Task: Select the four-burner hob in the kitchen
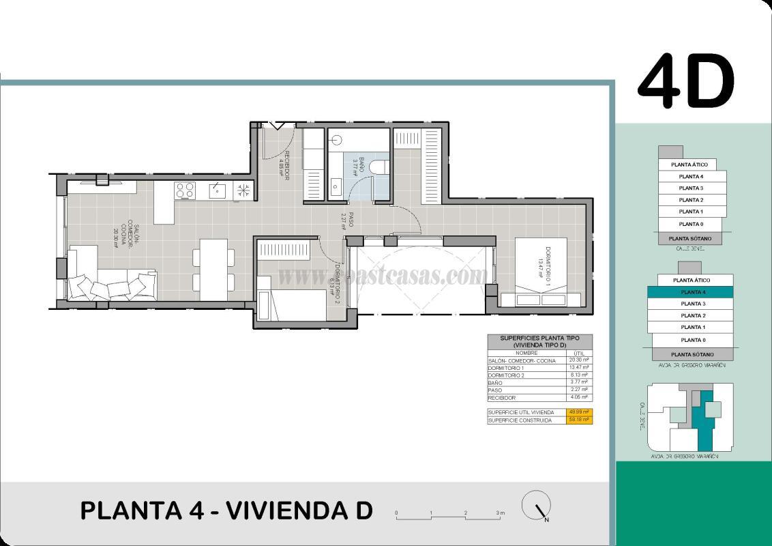point(185,190)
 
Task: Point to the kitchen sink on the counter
point(217,190)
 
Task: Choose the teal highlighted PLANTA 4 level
point(692,292)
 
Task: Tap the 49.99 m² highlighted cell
point(579,412)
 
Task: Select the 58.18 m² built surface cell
point(579,420)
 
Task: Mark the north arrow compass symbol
point(537,506)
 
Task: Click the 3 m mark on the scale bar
point(500,513)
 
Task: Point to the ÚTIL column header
point(579,353)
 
